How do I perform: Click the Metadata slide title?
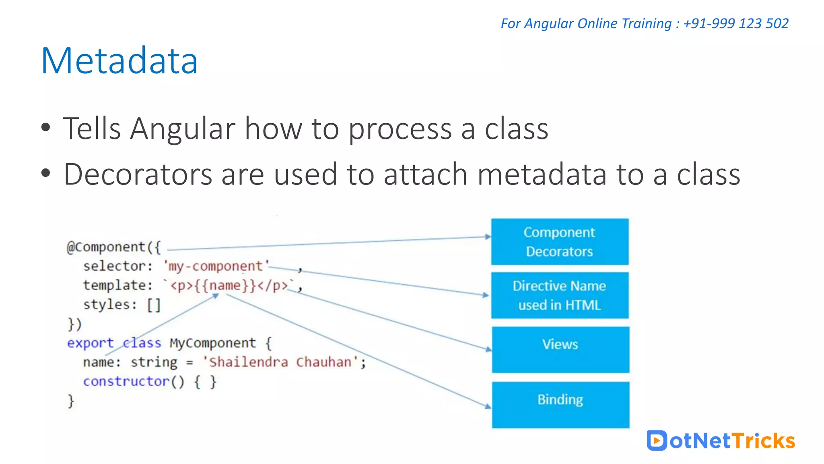click(119, 61)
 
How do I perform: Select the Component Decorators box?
click(560, 242)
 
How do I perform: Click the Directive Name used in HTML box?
click(560, 295)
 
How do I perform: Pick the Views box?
click(560, 349)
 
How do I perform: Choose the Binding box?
click(560, 404)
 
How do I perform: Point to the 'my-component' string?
click(216, 266)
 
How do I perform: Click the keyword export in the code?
click(90, 343)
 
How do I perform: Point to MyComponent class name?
click(212, 343)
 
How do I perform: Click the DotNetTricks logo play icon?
click(657, 440)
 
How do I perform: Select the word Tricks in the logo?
click(763, 441)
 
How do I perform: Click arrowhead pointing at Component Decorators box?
click(488, 237)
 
